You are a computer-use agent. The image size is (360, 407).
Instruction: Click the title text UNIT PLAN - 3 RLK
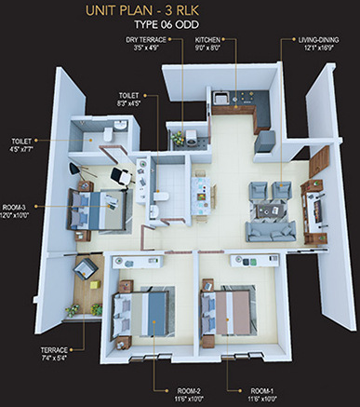pos(179,11)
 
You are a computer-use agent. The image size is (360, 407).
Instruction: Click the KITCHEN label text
pos(208,45)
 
